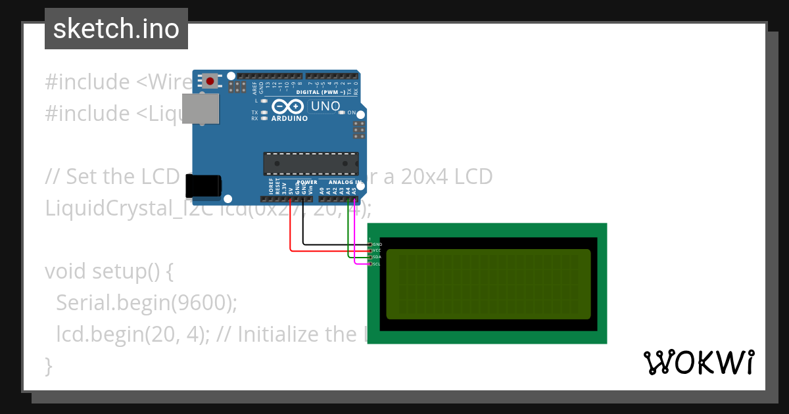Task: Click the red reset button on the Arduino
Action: coord(210,81)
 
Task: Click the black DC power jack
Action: coord(203,186)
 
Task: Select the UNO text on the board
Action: coord(325,106)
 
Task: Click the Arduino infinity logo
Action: coord(288,106)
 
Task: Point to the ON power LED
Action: coord(341,112)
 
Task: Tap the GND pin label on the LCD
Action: coord(377,244)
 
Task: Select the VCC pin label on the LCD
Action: coord(377,250)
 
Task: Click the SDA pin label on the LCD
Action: coord(377,257)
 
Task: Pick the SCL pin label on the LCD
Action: coord(377,264)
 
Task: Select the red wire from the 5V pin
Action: coord(291,230)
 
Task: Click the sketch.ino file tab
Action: coord(116,29)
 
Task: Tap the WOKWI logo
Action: coord(698,362)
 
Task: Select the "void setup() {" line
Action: coord(108,271)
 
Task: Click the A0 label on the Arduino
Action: coord(322,190)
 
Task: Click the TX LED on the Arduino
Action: coord(264,112)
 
